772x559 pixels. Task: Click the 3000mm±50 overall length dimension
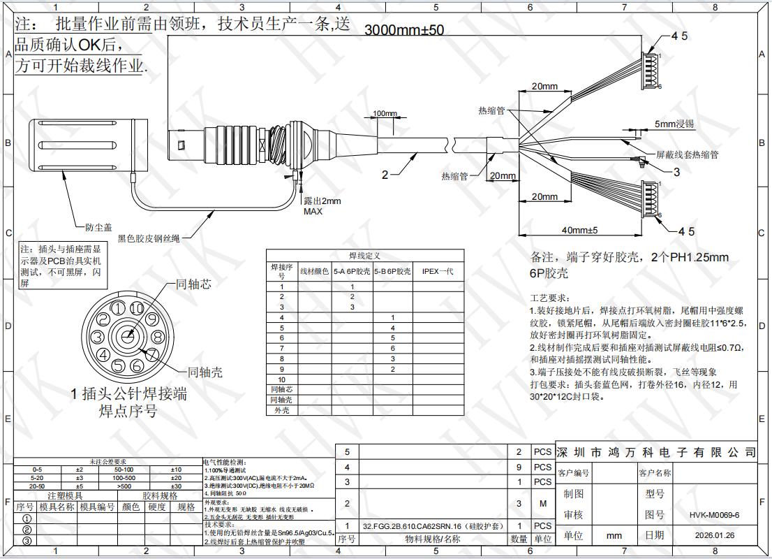click(x=404, y=30)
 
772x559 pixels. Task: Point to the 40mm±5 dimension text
click(x=579, y=230)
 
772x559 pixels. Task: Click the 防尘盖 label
click(x=98, y=227)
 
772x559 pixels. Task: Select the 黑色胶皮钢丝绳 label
click(x=149, y=238)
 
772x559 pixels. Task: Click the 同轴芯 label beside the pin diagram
click(x=193, y=284)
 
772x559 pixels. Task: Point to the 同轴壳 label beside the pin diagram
click(x=205, y=372)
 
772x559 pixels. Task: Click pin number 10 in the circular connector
click(x=137, y=308)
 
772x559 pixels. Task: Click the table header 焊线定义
click(x=364, y=256)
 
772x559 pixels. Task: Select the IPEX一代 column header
click(x=438, y=271)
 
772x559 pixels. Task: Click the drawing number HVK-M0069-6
click(x=713, y=515)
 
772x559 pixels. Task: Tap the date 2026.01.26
click(x=713, y=536)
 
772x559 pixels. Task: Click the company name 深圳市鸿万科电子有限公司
click(x=656, y=452)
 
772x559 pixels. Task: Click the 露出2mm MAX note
click(x=322, y=206)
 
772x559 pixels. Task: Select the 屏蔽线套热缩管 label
click(x=688, y=154)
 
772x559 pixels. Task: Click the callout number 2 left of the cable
click(x=385, y=175)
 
